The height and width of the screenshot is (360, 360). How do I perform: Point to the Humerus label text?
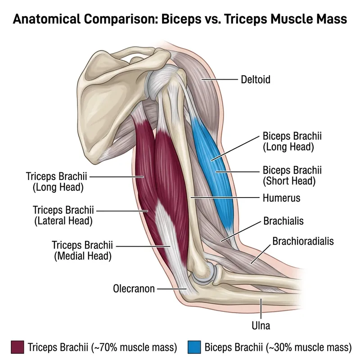coord(281,198)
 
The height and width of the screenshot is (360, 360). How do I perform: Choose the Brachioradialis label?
coord(303,241)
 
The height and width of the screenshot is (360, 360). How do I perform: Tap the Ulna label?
coord(261,325)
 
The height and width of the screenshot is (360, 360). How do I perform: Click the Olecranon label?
coord(134,288)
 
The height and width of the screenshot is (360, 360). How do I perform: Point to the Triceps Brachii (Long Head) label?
coord(56,180)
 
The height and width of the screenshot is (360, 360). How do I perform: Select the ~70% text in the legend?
coord(106,347)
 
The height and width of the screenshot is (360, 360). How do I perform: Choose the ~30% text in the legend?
coord(281,347)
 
